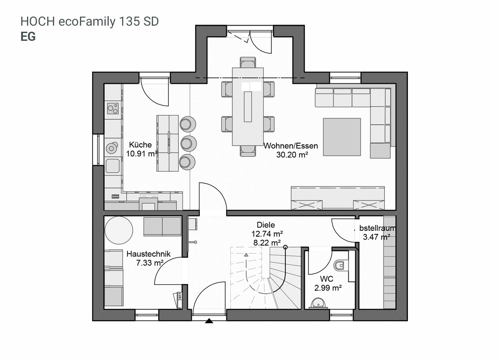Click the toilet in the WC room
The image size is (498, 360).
[339, 265]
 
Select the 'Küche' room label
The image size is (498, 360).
[140, 145]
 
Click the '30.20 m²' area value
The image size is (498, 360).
[292, 155]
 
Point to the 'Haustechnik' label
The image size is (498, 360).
[148, 254]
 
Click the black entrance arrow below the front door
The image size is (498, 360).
[209, 321]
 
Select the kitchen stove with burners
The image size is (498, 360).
[113, 108]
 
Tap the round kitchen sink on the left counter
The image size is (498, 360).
[112, 148]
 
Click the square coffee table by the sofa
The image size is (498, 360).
[342, 137]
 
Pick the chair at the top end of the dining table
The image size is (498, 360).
[248, 62]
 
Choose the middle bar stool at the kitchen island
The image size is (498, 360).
[189, 143]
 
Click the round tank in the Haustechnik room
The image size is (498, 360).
[119, 230]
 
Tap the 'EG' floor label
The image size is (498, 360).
[28, 37]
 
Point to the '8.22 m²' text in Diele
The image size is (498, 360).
[267, 243]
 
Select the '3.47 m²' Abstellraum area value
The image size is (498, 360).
[377, 237]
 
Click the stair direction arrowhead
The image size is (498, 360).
[246, 255]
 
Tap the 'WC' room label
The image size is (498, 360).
[327, 279]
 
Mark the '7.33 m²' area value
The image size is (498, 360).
[149, 263]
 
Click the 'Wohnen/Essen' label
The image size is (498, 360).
[291, 146]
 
